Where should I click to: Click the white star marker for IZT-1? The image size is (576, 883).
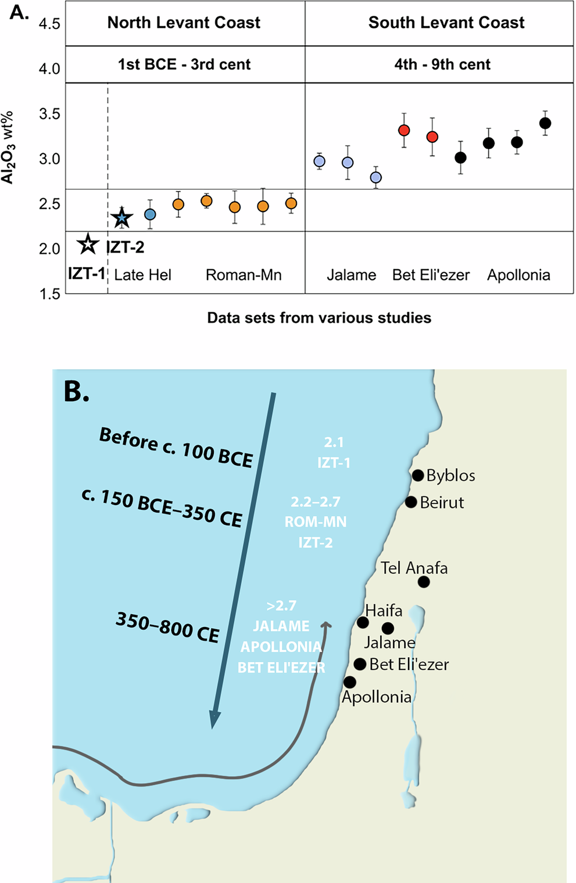pos(88,244)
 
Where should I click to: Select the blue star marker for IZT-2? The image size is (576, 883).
pos(122,218)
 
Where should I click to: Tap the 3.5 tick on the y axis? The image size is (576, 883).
pos(49,114)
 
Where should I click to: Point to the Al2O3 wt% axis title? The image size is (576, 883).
pos(8,147)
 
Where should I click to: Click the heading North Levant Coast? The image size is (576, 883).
pos(184,23)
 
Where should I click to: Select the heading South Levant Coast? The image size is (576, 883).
pos(446,23)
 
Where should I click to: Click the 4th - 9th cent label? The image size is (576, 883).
pos(442,64)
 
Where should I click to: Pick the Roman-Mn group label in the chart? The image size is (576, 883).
pos(244,275)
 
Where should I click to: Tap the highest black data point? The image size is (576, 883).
pos(545,123)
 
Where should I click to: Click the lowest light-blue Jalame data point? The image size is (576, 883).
pos(376,178)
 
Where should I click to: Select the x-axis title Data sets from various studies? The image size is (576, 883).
pos(319,318)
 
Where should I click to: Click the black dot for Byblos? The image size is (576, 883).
pos(417,475)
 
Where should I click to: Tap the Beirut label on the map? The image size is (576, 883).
pos(442,503)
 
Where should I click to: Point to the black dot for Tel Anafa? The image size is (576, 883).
pos(424,582)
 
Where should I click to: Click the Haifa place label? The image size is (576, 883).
pos(384,611)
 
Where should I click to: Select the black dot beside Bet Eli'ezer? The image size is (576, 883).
pos(360,664)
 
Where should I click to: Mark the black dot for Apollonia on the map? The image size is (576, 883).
pos(349,682)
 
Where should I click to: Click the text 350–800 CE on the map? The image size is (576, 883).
pos(167,628)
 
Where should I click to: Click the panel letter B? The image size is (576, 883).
pos(76,392)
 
